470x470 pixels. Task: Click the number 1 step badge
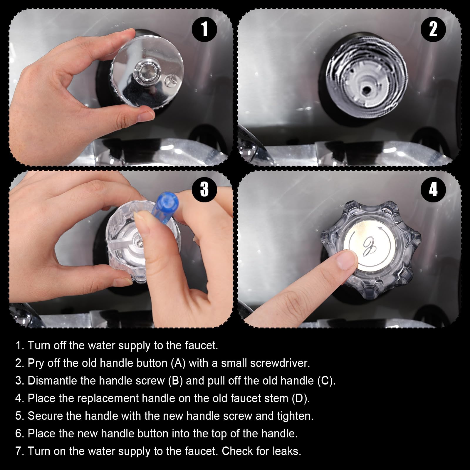[x=204, y=29]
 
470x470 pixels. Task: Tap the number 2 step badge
[x=433, y=29]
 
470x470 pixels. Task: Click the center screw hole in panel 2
[x=366, y=90]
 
